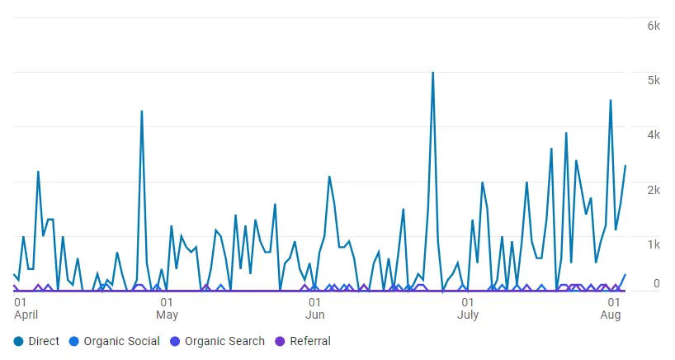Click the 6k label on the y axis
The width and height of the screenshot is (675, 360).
click(654, 26)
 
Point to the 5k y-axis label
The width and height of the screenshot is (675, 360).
click(654, 80)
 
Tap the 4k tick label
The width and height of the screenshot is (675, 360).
click(654, 135)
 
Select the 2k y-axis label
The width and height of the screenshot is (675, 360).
click(654, 190)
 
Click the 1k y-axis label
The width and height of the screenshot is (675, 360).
click(654, 244)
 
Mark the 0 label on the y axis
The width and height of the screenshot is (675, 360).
click(657, 284)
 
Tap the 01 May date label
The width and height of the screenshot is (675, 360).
click(167, 308)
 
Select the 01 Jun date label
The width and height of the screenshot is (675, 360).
click(314, 308)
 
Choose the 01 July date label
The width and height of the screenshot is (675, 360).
click(467, 308)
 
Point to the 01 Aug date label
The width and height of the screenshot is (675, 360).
click(610, 308)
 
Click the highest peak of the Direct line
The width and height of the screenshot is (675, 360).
click(432, 73)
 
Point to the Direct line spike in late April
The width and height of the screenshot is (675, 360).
click(142, 111)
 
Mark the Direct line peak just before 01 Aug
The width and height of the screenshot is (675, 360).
click(611, 101)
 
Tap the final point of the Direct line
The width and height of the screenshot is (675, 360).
click(625, 166)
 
